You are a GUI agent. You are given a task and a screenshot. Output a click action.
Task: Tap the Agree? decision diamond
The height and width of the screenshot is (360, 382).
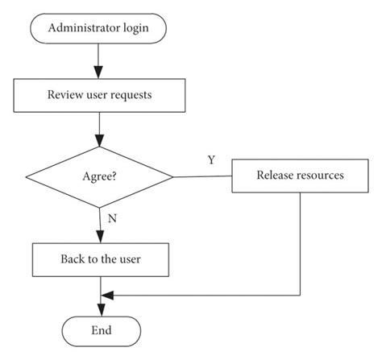[100, 175]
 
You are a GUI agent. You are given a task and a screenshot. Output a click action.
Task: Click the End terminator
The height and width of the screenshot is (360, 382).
[101, 330]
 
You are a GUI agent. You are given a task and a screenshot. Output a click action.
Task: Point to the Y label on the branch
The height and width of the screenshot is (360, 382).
[211, 159]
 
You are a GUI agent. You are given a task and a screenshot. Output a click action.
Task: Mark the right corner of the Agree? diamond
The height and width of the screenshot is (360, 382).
[173, 175]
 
